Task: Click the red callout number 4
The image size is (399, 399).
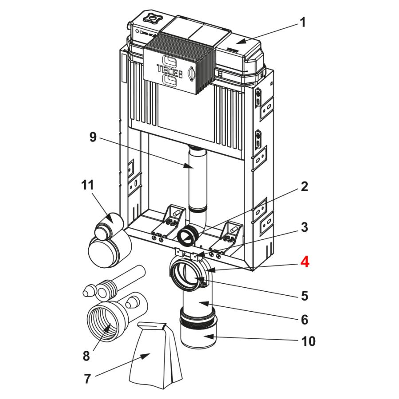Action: pos(304,262)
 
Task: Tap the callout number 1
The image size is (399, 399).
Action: pos(303,22)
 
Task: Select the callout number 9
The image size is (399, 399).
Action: pos(93,137)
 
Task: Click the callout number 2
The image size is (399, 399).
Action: pos(304,187)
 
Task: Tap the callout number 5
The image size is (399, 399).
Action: pos(304,295)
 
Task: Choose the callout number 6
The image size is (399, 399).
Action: pos(304,319)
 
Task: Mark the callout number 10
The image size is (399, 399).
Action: pos(308,341)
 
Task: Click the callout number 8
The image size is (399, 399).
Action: pos(86,356)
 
